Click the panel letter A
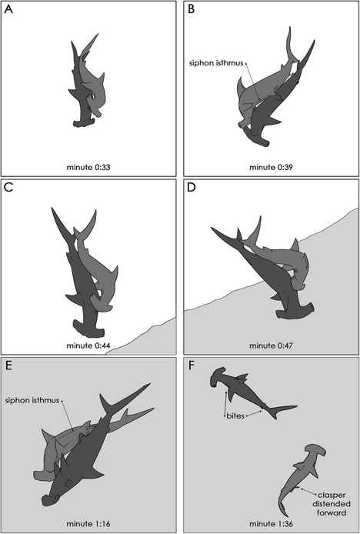8,9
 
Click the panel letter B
192,9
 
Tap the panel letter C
8,187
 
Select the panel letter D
192,187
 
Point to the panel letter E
8,365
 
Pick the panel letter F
192,365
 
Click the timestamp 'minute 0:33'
88,167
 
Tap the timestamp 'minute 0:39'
271,167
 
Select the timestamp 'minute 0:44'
88,345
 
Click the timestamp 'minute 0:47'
271,345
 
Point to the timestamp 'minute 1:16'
88,523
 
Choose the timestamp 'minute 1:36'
271,523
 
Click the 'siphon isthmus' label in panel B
216,63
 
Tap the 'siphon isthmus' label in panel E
32,400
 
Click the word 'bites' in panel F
235,416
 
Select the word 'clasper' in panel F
332,496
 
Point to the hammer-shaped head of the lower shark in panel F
315,453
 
